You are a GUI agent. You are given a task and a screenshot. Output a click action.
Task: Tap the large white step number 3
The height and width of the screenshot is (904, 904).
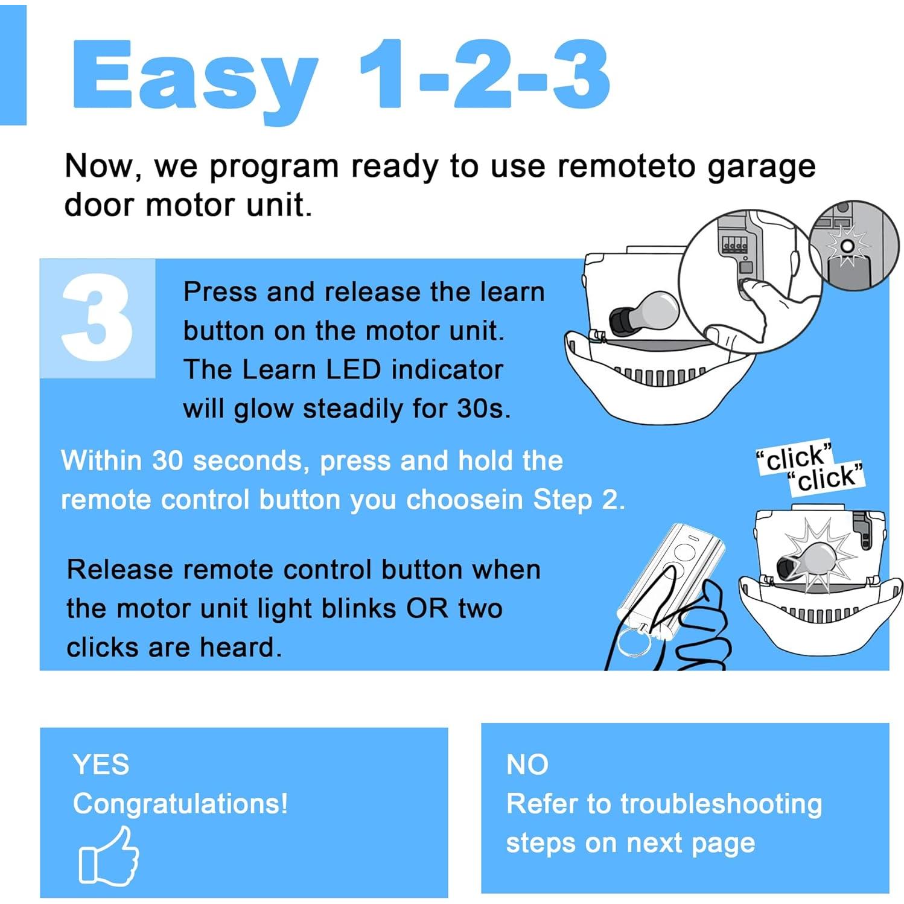tap(97, 318)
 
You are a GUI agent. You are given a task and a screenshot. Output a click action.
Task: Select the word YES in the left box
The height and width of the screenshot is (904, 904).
tap(101, 765)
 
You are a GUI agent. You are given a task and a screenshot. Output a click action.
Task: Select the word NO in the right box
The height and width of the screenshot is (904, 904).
tap(527, 765)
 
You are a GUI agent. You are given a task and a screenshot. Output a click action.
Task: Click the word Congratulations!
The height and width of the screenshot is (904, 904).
tap(180, 804)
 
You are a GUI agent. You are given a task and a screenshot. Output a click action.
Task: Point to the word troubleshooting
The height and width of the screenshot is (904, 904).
tap(721, 804)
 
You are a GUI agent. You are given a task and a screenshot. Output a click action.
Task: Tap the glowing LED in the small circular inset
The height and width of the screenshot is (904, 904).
tap(847, 246)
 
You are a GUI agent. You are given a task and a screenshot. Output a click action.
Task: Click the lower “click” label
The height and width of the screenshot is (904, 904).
tap(826, 479)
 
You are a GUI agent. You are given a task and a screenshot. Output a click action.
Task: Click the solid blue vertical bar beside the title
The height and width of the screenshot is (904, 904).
tap(13, 65)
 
